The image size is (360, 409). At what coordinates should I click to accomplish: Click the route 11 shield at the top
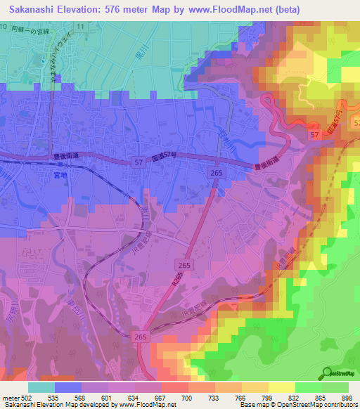pos(81,26)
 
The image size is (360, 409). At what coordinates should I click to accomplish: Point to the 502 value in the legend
pos(27,397)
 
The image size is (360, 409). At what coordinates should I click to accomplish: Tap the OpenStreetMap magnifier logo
pos(327,372)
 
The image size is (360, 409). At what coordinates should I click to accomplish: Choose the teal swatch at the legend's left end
pos(41,387)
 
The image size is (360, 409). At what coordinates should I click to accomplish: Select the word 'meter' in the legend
pos(10,397)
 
